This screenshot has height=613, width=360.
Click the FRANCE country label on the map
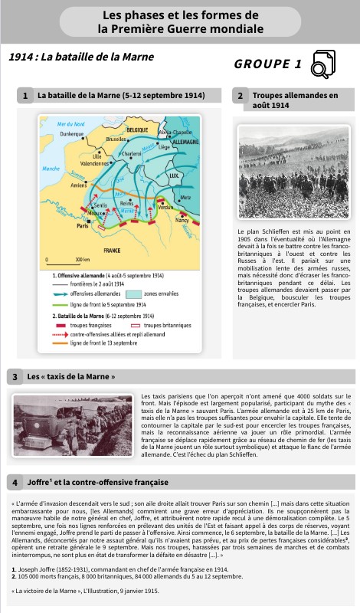[111, 251]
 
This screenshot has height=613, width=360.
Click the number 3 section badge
[15, 377]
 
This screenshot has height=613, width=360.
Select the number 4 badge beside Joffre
[15, 483]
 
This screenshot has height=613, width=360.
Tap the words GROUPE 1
[268, 64]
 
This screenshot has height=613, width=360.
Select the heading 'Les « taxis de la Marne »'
[71, 377]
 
